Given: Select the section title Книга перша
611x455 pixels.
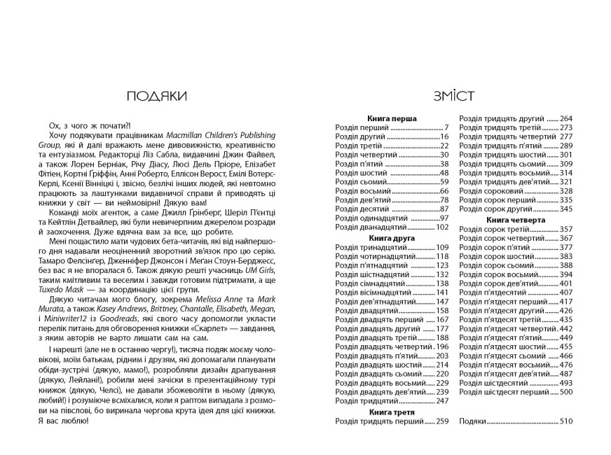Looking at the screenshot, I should (x=392, y=119).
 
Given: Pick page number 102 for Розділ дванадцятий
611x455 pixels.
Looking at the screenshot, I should (x=441, y=227).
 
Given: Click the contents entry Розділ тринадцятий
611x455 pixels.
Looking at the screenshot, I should (x=369, y=247).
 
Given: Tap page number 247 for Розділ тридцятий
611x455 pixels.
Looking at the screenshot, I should (x=441, y=401).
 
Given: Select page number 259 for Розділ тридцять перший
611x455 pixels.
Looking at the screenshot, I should (x=441, y=421).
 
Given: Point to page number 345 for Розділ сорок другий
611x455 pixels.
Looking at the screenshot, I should (x=567, y=209).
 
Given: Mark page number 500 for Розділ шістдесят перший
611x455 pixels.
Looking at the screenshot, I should (x=567, y=393).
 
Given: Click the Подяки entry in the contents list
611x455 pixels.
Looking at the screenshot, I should (x=472, y=421).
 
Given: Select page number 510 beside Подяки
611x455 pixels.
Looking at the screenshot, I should (x=567, y=421).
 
